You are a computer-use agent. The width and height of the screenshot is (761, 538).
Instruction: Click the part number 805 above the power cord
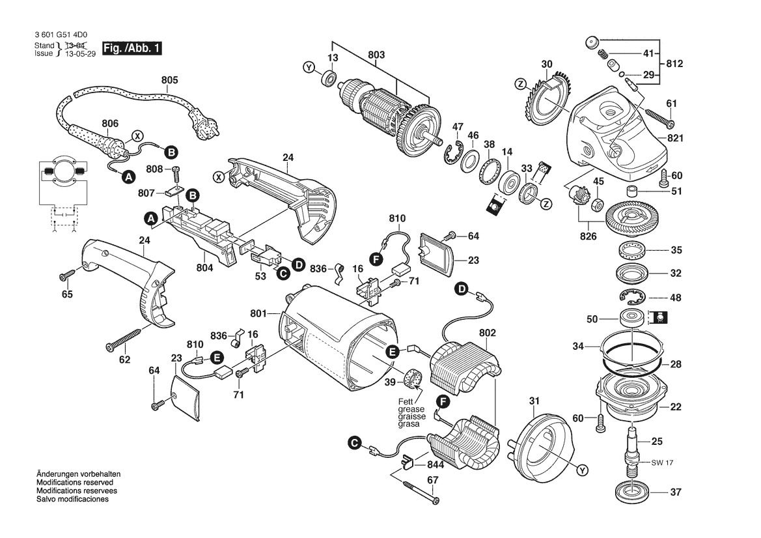point(169,80)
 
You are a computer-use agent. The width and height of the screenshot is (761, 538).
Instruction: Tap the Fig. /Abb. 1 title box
point(131,48)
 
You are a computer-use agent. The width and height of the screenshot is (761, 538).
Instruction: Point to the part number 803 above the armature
point(377,55)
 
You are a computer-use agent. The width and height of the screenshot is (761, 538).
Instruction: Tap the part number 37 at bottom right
point(676,492)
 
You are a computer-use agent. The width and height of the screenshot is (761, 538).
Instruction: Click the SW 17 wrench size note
point(662,462)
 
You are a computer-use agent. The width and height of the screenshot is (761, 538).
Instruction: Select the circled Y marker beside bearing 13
point(309,68)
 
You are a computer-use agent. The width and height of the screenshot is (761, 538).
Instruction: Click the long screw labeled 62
point(124,339)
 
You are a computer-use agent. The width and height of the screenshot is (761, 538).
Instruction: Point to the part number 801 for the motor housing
point(258,314)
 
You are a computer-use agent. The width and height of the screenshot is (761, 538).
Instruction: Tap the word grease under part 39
point(411,409)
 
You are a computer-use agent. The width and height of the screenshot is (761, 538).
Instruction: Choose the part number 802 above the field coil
point(488,333)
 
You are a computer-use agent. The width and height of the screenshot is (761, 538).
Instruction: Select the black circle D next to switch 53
point(299,264)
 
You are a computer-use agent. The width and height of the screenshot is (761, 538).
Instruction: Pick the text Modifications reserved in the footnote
point(75,483)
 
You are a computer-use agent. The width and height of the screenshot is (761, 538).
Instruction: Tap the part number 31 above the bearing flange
point(534,401)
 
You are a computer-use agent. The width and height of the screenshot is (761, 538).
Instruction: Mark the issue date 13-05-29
point(80,54)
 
